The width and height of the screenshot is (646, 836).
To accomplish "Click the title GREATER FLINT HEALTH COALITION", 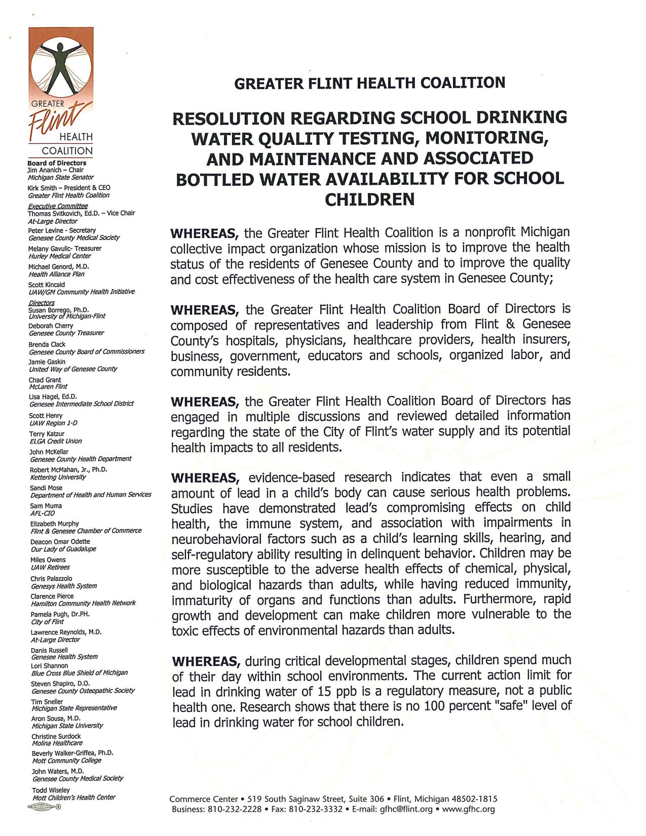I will [369, 83].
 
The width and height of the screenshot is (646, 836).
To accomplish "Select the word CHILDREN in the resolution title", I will [369, 200].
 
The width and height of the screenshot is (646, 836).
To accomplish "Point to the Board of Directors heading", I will [57, 163].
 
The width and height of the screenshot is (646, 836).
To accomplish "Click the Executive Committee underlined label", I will [58, 206].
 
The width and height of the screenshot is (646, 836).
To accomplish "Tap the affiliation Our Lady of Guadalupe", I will [63, 549].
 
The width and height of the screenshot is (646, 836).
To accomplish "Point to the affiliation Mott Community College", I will [67, 761].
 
